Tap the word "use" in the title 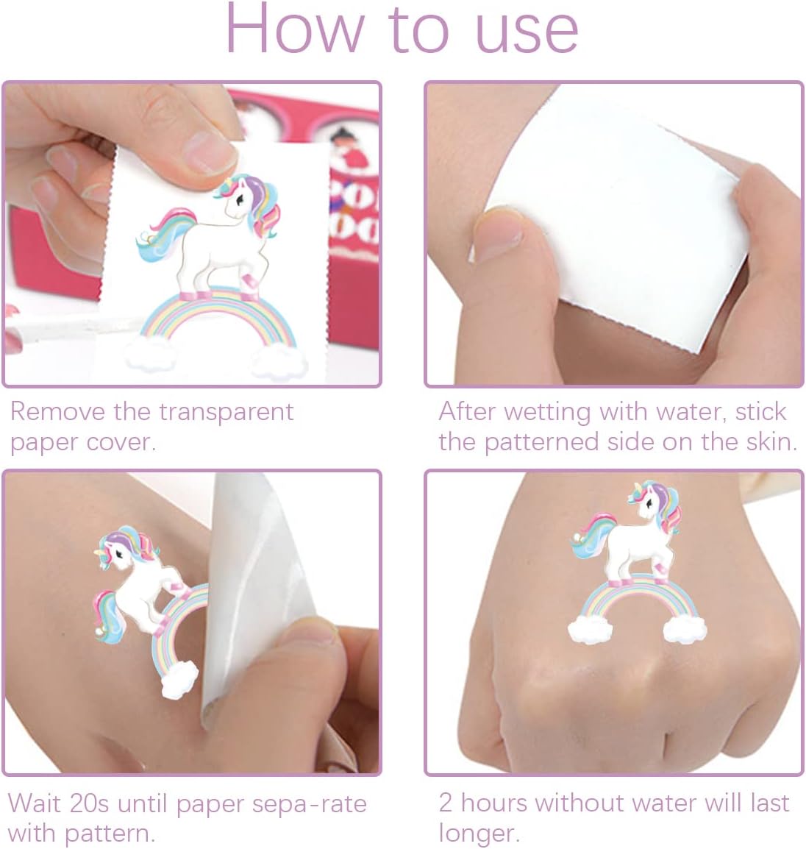coord(527,34)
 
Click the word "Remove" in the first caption coord(57,411)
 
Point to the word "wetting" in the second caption coord(547,413)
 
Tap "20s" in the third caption coord(89,803)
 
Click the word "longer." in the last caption coord(479,834)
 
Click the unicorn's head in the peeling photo coord(121,549)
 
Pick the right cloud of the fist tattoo coord(684,628)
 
